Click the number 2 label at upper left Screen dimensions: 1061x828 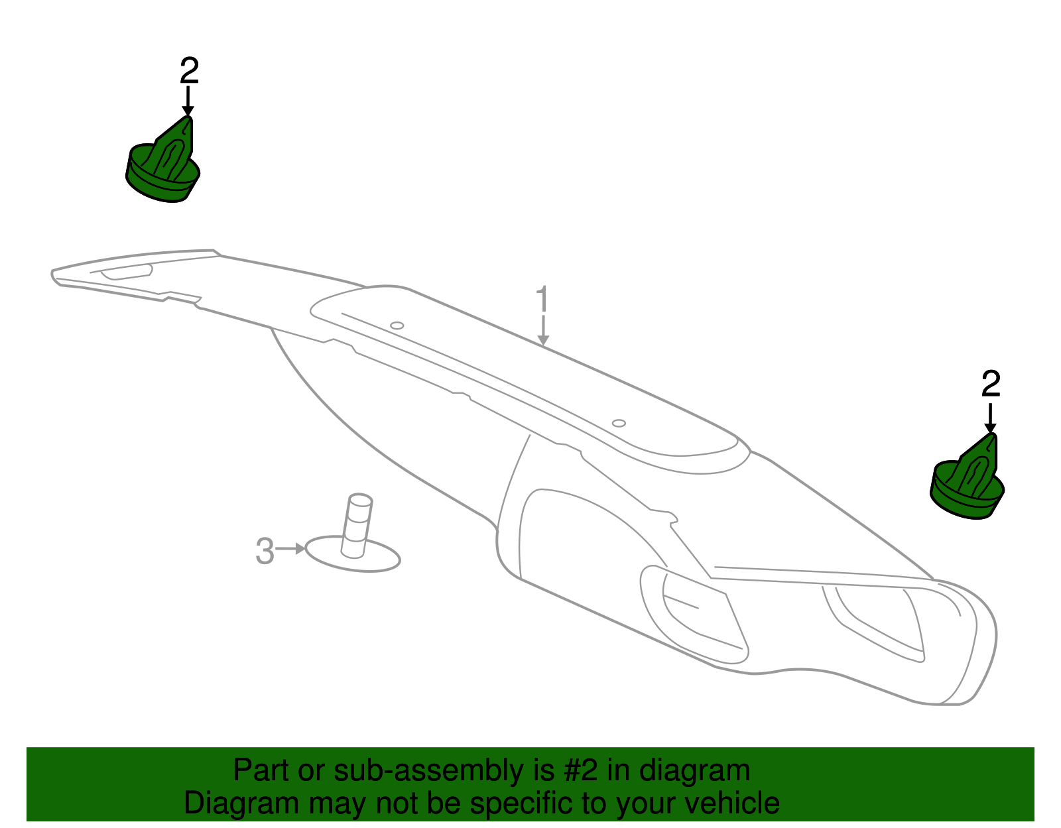190,70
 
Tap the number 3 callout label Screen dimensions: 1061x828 265,552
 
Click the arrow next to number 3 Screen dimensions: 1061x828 290,549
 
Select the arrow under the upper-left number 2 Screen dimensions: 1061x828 188,101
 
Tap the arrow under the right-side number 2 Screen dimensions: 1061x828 990,418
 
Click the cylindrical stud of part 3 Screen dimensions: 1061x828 357,526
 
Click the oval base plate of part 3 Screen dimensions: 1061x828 353,556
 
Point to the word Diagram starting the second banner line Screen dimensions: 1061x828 241,803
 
